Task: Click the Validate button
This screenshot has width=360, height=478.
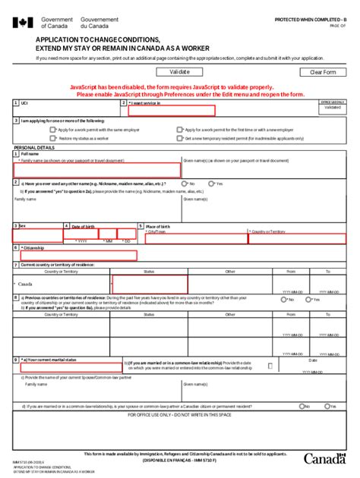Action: [179, 72]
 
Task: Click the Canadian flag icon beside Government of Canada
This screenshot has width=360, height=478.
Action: [21, 22]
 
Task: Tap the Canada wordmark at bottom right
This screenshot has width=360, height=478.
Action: [325, 458]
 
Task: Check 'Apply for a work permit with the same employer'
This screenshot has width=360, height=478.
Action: [53, 130]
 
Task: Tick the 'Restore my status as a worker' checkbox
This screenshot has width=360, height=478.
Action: [53, 139]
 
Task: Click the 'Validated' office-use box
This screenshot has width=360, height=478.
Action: [332, 108]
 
